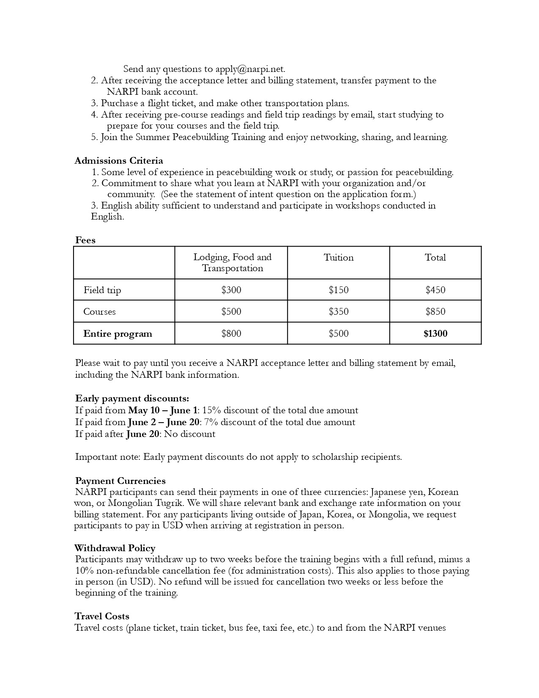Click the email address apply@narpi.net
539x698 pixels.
pos(250,69)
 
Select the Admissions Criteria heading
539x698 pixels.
pos(119,161)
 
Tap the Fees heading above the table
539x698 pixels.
pos(85,240)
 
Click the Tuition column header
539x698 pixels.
pos(338,258)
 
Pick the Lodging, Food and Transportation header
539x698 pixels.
pos(232,263)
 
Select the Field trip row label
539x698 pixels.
pos(102,290)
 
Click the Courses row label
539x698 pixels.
pos(99,312)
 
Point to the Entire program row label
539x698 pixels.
pos(118,334)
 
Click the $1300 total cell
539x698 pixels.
pos(435,334)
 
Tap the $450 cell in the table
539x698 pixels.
pos(435,290)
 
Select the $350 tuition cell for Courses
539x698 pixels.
pos(338,312)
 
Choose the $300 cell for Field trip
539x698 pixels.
pos(231,290)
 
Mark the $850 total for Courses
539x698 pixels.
pos(435,312)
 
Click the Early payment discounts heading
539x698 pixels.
pos(132,398)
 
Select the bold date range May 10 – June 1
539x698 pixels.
pos(163,410)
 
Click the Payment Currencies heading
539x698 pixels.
pos(120,481)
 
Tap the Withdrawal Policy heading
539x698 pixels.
pos(115,548)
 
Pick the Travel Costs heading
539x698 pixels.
pos(102,616)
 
